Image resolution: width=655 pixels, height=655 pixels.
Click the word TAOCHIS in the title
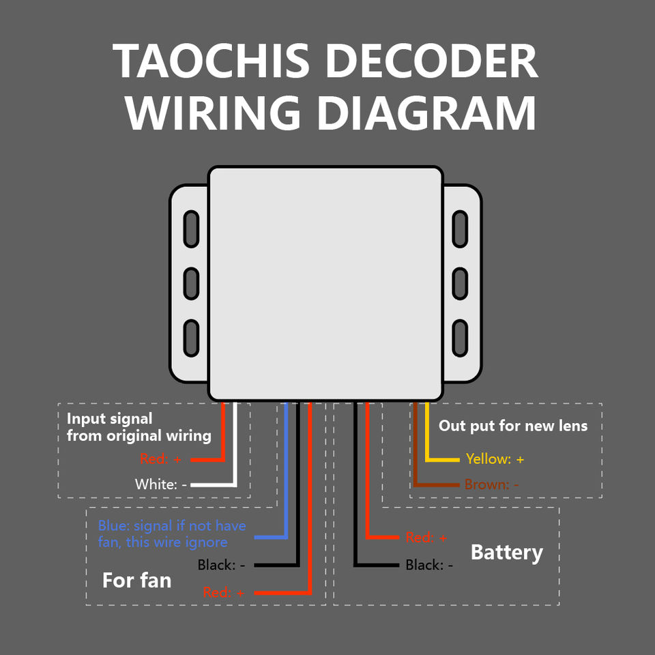pos(211,61)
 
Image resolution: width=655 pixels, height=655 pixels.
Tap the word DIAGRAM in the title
pos(426,114)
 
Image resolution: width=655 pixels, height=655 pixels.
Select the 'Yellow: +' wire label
pos(495,459)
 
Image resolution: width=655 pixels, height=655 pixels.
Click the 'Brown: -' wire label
pos(492,484)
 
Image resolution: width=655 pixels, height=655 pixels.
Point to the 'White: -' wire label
pos(161,484)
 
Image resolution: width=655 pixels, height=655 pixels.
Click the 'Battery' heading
pos(507,553)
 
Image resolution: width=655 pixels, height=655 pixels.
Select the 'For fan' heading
pos(137,581)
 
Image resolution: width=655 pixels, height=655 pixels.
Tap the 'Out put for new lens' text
pos(513,426)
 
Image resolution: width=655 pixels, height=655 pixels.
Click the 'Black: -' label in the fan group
pos(221,565)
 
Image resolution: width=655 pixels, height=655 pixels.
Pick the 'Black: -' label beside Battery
pos(429,565)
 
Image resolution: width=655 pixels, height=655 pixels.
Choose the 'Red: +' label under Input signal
pos(160,459)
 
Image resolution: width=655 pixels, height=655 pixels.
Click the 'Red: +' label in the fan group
pos(224,592)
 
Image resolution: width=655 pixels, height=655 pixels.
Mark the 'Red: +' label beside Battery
pos(426,538)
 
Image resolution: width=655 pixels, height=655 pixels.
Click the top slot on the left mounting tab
pos(191,229)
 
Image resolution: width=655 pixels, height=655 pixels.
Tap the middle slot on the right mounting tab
pos(460,284)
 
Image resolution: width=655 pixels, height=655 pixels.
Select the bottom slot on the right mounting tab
pos(460,338)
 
